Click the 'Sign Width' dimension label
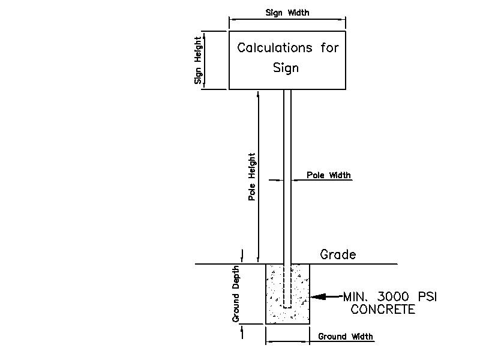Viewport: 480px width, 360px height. click(x=287, y=13)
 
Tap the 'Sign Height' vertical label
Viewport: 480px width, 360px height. click(x=198, y=61)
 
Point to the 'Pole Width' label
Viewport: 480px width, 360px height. click(x=329, y=175)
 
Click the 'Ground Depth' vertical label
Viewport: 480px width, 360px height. click(x=237, y=293)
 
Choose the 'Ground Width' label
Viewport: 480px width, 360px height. click(x=345, y=337)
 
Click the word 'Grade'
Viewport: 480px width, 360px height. click(x=338, y=254)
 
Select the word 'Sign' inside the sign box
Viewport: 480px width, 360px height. click(x=286, y=68)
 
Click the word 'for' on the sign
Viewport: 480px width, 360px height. click(x=329, y=48)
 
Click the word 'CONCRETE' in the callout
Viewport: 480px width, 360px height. click(x=383, y=310)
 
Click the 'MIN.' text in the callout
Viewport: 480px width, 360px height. click(x=356, y=296)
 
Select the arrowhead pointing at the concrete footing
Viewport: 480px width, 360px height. click(x=316, y=296)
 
